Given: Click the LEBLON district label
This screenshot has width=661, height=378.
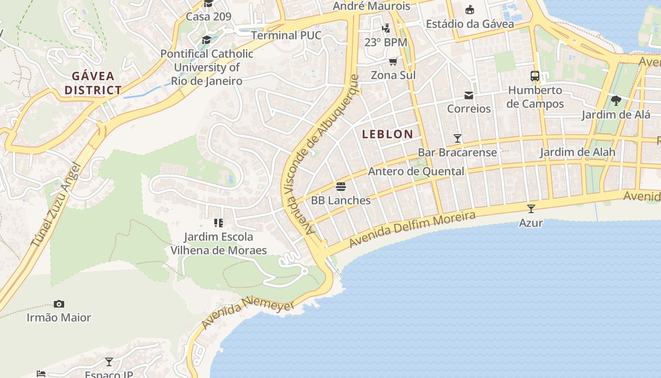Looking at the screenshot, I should pos(387,134).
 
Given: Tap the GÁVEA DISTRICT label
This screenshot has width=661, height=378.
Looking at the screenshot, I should pos(93,83).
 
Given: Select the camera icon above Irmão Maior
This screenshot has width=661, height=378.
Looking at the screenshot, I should pos(59,304).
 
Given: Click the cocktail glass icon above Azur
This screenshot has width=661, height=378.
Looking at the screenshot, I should pos(531,208).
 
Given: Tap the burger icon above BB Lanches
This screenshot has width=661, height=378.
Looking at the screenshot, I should pos(341,186).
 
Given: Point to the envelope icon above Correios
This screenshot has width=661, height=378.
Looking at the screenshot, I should pos(469,95).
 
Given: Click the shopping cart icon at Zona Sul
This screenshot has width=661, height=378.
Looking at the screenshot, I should pos(393,61).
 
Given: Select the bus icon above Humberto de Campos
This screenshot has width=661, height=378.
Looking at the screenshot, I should pos(535,76).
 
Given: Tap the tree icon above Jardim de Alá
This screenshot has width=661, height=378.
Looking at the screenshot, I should pos(616,100).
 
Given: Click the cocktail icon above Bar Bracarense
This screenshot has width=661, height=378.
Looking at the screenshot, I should pos(457,138).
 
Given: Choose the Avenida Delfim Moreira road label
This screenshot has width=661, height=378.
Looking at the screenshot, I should pos(412,230).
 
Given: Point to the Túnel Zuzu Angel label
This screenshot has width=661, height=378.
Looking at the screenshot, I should pos(56,205).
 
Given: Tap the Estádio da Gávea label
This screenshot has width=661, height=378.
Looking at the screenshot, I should pos(470,24).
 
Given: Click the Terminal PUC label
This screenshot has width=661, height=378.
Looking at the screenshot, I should pos(286,35).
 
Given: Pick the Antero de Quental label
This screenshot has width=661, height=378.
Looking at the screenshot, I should pos(416,171).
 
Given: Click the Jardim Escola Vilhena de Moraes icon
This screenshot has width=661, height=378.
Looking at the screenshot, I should pos(218,223).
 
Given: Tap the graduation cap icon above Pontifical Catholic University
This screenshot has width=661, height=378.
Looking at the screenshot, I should pos(206,40).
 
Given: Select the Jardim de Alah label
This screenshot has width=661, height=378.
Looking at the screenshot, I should pos(577,152).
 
